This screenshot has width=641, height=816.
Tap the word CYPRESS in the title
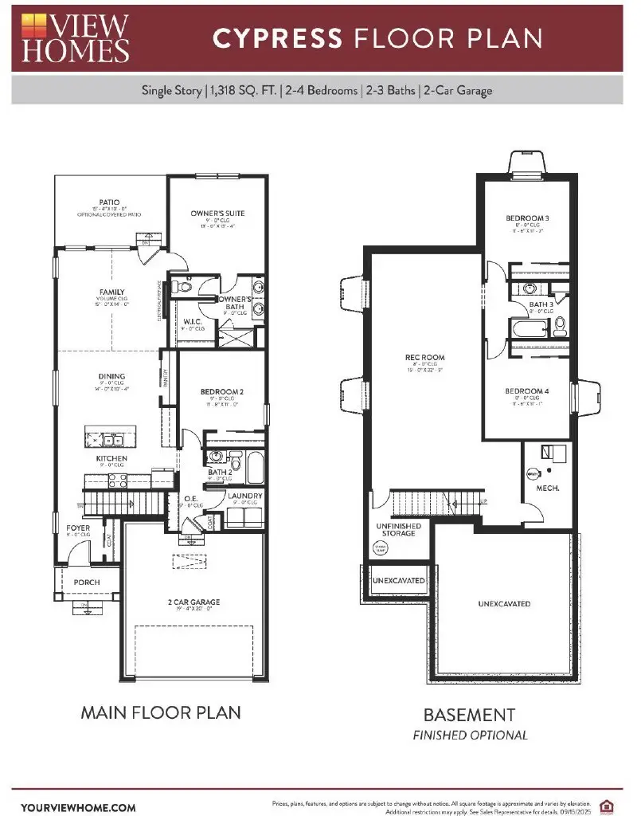pyautogui.click(x=278, y=38)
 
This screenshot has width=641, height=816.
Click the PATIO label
pyautogui.click(x=110, y=202)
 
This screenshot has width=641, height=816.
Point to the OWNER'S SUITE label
pyautogui.click(x=217, y=214)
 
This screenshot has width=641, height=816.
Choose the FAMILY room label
pyautogui.click(x=112, y=292)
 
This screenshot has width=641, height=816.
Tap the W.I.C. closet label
pyautogui.click(x=190, y=323)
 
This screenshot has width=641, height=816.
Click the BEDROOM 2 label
pyautogui.click(x=221, y=391)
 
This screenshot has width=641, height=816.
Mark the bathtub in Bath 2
pyautogui.click(x=255, y=469)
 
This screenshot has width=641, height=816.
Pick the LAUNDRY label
pyautogui.click(x=245, y=496)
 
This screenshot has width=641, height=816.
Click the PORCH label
pyautogui.click(x=87, y=583)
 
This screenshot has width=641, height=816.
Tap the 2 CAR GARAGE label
pyautogui.click(x=193, y=602)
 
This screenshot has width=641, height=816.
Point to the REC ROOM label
pyautogui.click(x=425, y=358)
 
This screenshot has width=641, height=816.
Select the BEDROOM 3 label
pyautogui.click(x=528, y=218)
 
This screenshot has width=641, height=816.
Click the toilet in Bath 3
pyautogui.click(x=559, y=324)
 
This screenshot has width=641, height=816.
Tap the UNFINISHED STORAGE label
pyautogui.click(x=397, y=529)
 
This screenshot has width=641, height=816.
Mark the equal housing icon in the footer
pyautogui.click(x=610, y=806)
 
